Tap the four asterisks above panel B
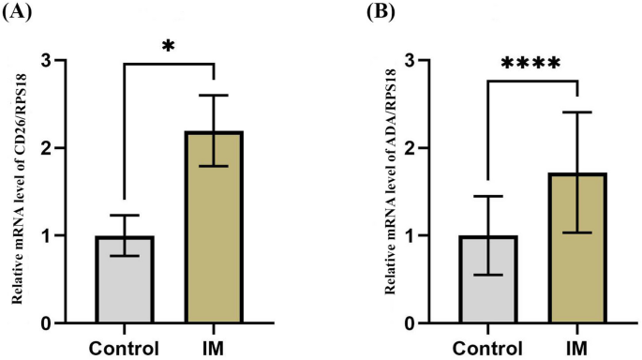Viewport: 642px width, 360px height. (x=530, y=64)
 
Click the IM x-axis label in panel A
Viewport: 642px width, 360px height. (x=215, y=345)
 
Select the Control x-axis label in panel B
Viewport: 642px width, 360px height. (x=487, y=345)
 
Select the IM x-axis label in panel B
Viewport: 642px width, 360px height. (x=577, y=345)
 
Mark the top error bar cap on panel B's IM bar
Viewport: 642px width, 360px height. (x=577, y=112)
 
